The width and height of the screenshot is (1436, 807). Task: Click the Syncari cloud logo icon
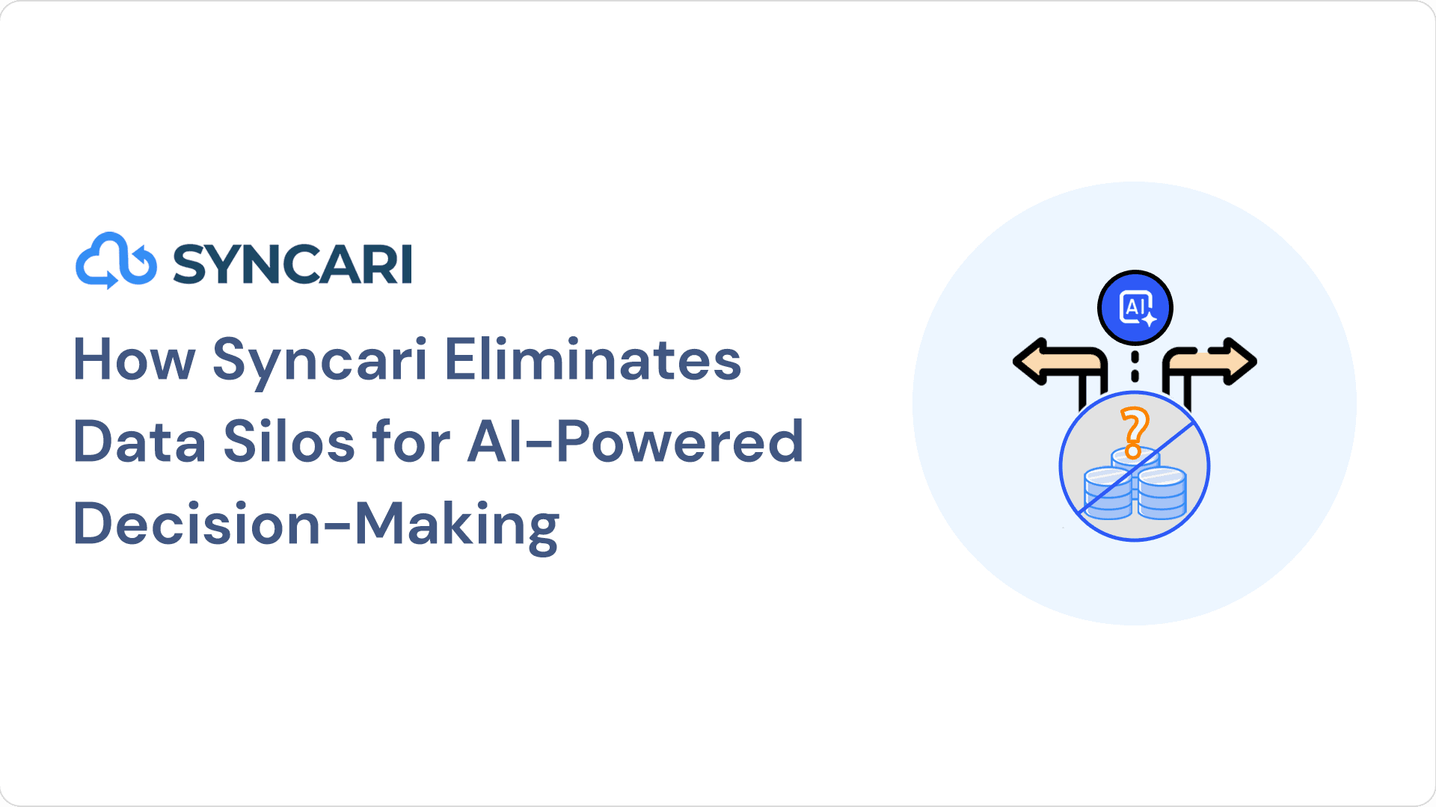116,261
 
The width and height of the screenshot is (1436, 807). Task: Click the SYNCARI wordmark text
292,264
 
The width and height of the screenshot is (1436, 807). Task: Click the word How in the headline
134,359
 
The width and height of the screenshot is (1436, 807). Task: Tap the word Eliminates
593,359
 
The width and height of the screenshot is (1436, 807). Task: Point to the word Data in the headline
140,442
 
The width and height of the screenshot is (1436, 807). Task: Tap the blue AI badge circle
1135,307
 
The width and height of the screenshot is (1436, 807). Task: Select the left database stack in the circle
1108,492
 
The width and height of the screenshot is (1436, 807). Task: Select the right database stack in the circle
1162,492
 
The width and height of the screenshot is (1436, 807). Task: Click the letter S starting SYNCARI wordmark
189,265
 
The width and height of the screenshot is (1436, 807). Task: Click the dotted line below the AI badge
1135,366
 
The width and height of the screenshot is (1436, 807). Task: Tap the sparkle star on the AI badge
1148,318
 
